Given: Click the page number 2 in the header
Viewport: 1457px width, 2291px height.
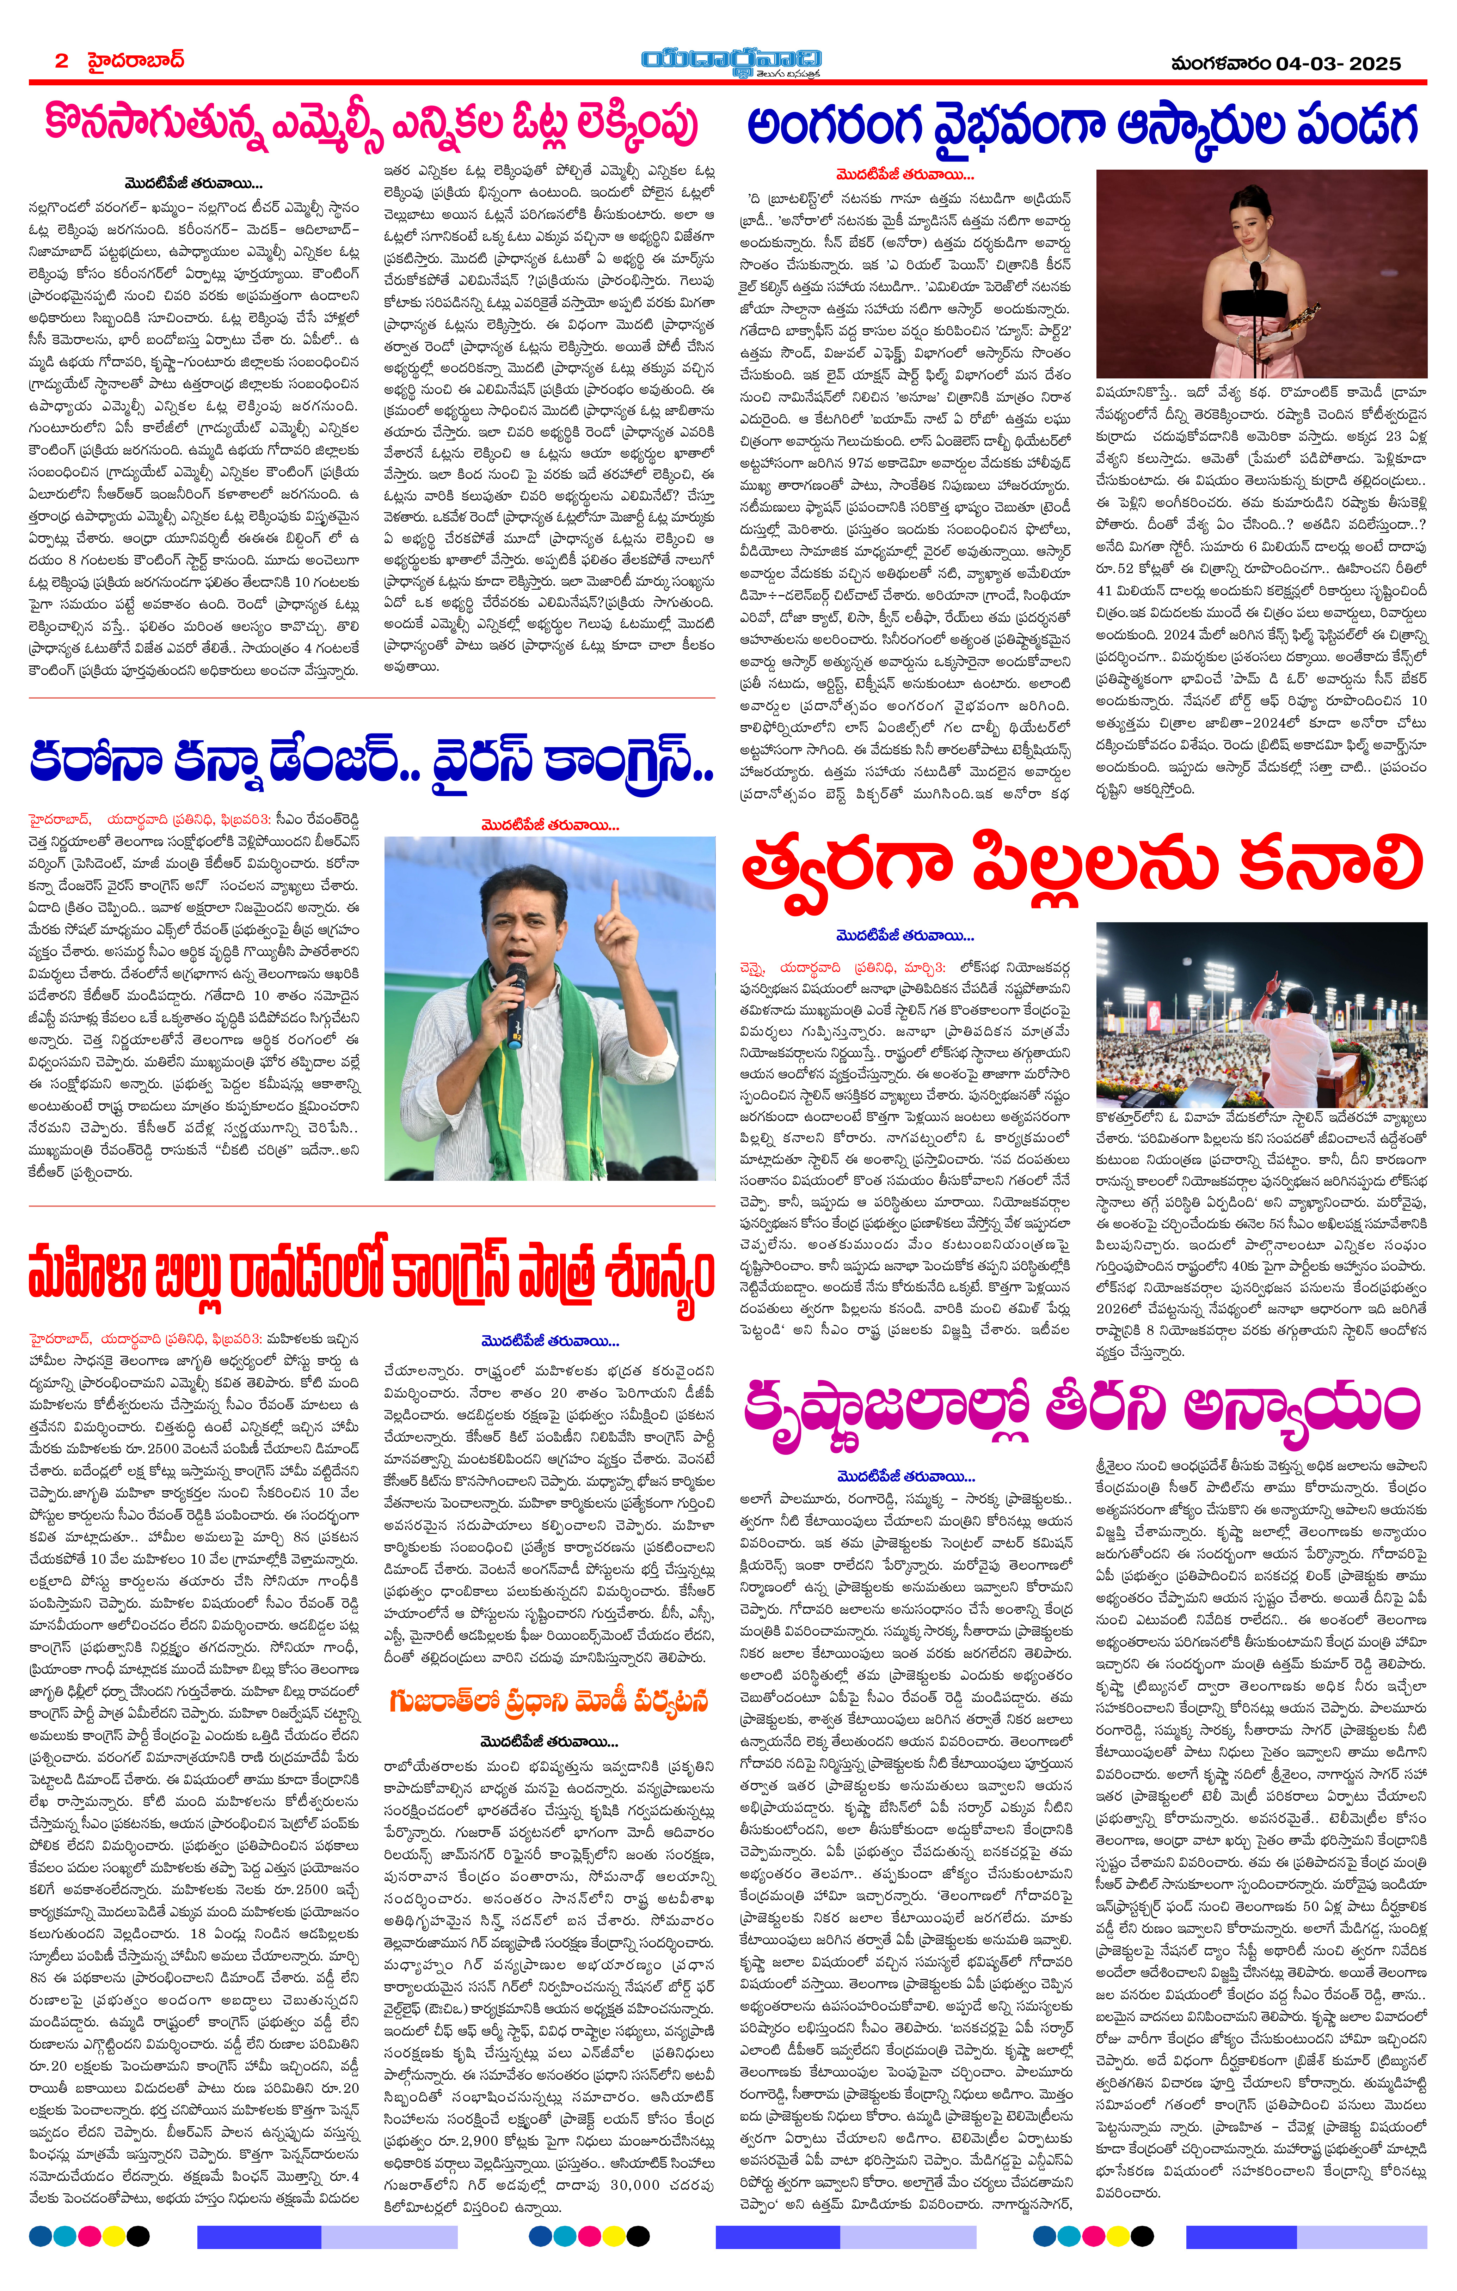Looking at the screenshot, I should (x=62, y=61).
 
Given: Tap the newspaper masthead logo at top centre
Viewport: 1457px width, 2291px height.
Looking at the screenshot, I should (x=730, y=61).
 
